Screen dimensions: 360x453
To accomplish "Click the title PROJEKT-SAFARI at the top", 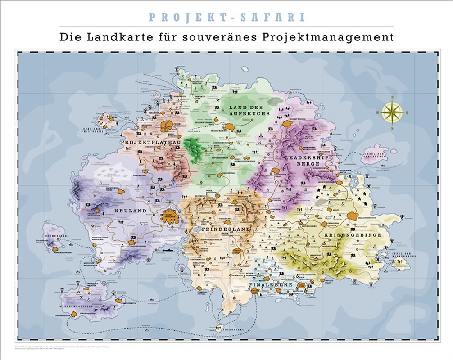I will pyautogui.click(x=226, y=17).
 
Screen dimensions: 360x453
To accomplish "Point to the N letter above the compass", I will pyautogui.click(x=393, y=97).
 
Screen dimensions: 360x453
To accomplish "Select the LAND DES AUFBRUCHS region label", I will pyautogui.click(x=249, y=110).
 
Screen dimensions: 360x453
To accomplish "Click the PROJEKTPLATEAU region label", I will pyautogui.click(x=150, y=142).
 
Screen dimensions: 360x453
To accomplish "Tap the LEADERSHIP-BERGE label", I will pyautogui.click(x=308, y=161).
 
